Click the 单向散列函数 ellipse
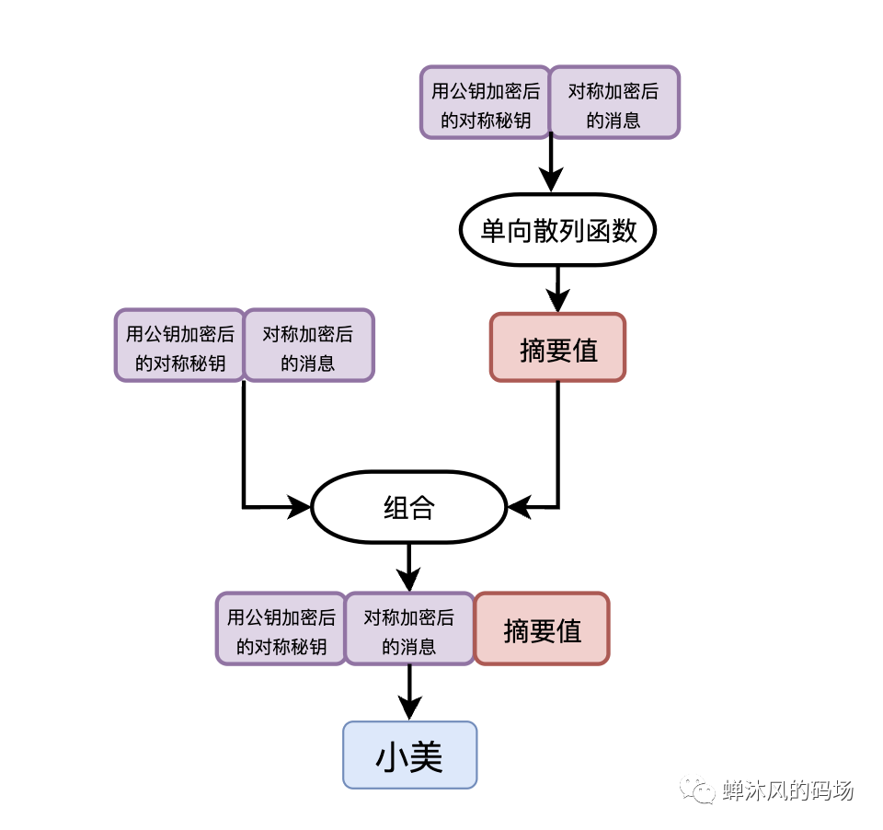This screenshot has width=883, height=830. pos(557,230)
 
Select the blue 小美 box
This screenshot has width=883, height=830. pos(410,755)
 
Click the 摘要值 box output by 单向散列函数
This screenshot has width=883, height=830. pos(557,348)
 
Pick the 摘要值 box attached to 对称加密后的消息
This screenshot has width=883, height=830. pos(542,628)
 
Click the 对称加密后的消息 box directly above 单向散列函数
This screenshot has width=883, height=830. pos(614,103)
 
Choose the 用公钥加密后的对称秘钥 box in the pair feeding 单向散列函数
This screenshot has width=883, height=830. pos(486,103)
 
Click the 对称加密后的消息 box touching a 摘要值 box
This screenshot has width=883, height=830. pos(409,628)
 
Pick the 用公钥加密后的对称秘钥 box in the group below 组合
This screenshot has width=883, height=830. pos(281,628)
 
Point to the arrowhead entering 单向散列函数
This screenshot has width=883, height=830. pos(550,180)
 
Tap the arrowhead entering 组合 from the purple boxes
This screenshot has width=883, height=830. pos(300,506)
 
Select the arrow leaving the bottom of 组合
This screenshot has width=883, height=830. pos(408,561)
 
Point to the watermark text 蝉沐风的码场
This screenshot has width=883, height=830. pos(788,790)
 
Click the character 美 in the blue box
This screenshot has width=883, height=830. pos(427,756)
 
